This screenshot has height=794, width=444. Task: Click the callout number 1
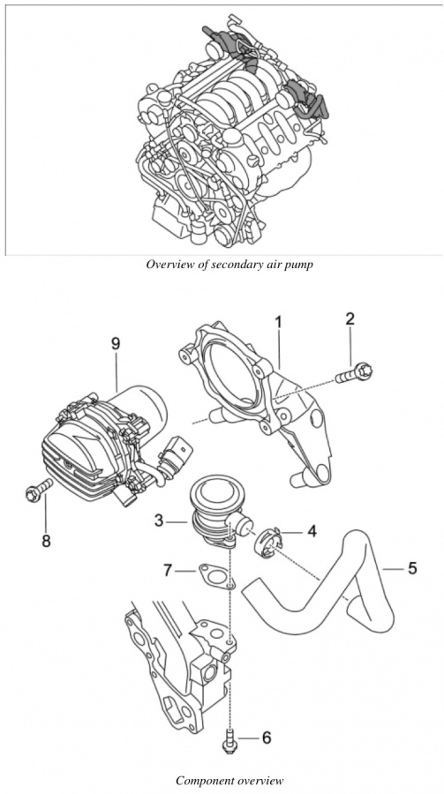tap(278, 321)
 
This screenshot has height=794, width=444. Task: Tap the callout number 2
tap(350, 318)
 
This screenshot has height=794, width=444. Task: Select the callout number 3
tap(159, 520)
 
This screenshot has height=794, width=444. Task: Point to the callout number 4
tap(312, 531)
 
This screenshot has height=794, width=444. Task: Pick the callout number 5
tap(412, 568)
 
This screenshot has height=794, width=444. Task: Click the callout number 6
tap(267, 738)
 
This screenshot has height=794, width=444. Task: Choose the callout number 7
tap(169, 570)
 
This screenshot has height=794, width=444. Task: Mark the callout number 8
tap(46, 541)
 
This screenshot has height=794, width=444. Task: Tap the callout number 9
tap(116, 343)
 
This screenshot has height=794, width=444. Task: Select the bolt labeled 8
tap(39, 490)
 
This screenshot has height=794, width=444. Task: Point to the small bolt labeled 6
tap(230, 738)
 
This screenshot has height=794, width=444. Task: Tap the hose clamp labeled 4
tap(270, 543)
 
